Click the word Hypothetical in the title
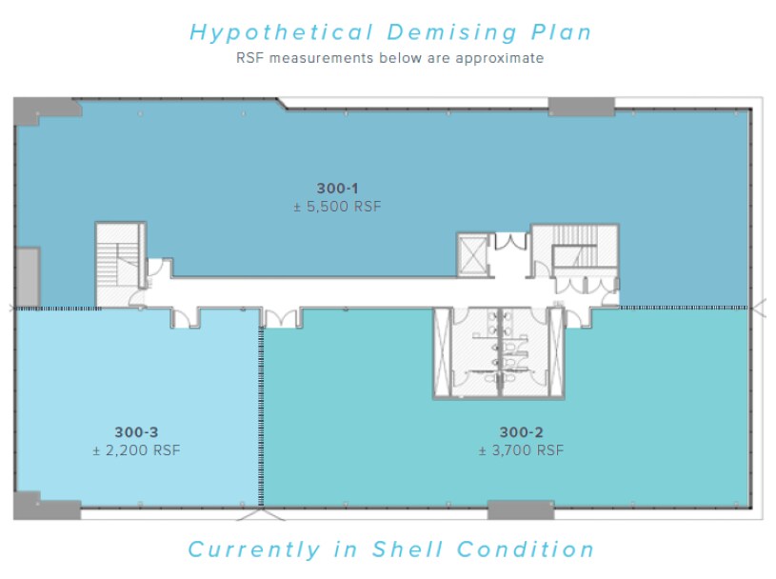[282, 33]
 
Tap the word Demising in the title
[452, 33]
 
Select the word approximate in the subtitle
[499, 58]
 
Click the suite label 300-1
[337, 189]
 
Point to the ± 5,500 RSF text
[337, 207]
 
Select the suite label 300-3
[136, 432]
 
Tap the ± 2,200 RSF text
[136, 450]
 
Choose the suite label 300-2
[521, 432]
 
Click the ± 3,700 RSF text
[521, 450]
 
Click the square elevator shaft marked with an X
[472, 254]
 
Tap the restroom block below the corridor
[499, 352]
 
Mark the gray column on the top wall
[581, 107]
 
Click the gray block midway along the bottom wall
[521, 509]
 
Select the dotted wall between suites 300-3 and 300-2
[261, 416]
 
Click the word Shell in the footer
[408, 549]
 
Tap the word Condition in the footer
[525, 549]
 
